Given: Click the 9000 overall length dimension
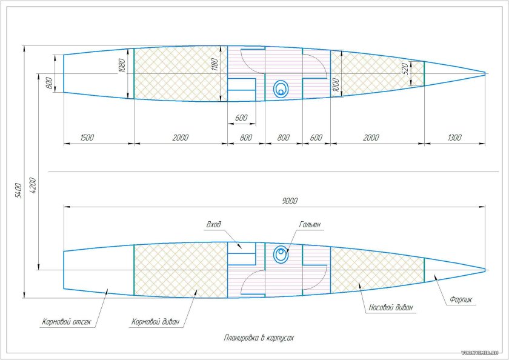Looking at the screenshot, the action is point(290,201).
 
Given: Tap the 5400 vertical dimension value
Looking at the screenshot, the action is point(19,190).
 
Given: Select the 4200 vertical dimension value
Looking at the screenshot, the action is point(33,185).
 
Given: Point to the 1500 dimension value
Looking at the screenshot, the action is point(87,138).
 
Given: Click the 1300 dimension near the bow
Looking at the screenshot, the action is point(454,138).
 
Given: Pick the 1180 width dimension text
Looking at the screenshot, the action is point(215,65).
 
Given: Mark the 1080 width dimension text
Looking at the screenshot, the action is point(122,65).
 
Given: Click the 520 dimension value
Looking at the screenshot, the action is point(405,69).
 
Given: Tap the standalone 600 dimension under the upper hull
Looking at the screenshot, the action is point(241,118).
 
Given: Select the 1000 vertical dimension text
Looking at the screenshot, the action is point(336,85).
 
